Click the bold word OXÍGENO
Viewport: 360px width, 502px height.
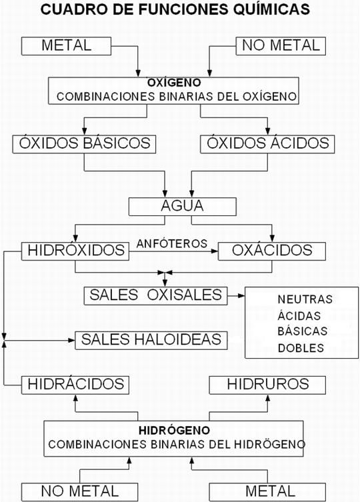click(176, 84)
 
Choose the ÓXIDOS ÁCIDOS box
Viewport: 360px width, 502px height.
click(268, 143)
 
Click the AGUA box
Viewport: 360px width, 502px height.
click(182, 206)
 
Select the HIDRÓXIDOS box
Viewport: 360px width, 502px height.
click(75, 251)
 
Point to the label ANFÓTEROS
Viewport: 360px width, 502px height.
click(173, 243)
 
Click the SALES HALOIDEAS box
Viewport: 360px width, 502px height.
click(151, 339)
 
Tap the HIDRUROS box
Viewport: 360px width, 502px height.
click(268, 384)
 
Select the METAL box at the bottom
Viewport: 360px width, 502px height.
click(268, 491)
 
